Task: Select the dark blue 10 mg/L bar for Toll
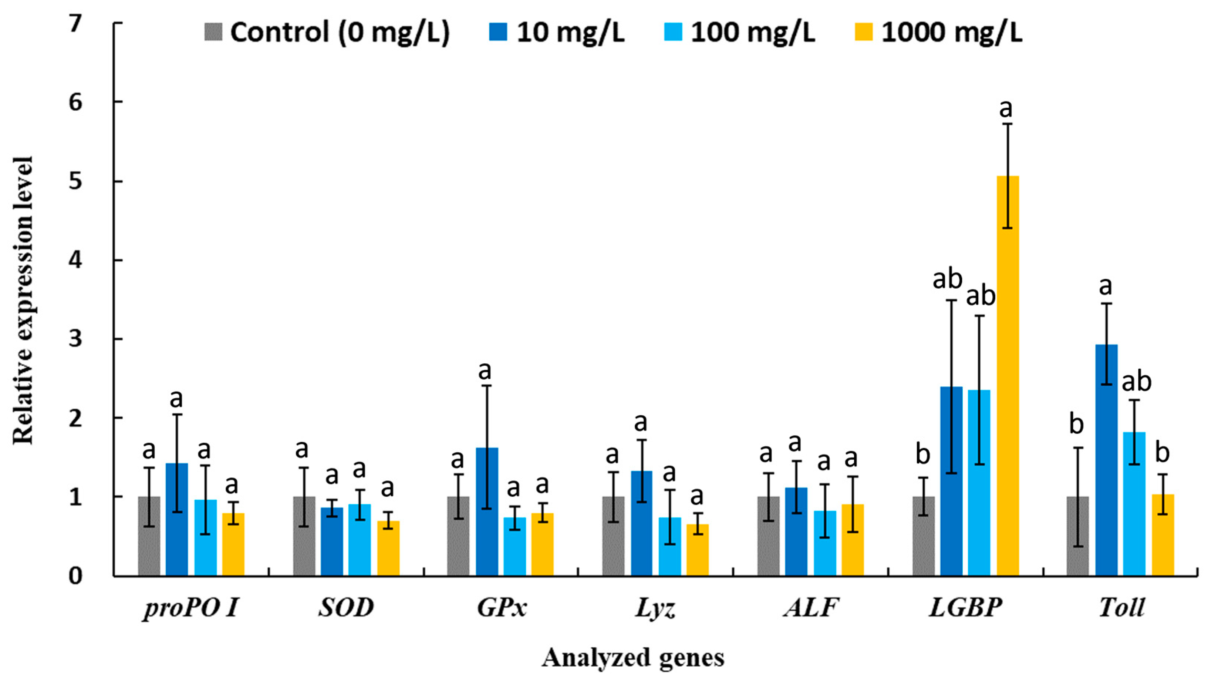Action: [x=1106, y=460]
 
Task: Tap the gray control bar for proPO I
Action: [x=149, y=536]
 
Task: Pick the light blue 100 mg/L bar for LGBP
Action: [x=979, y=483]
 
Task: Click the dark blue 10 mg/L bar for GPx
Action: [x=487, y=511]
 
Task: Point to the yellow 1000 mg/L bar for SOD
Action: [x=388, y=548]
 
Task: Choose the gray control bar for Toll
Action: [x=1078, y=536]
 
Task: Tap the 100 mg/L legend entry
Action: [x=740, y=33]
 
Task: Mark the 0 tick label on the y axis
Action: [x=75, y=576]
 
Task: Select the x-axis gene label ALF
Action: [x=810, y=607]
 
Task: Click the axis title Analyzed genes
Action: [x=633, y=658]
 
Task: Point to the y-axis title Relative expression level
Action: [x=23, y=301]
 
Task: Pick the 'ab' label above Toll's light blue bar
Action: [x=1136, y=382]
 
